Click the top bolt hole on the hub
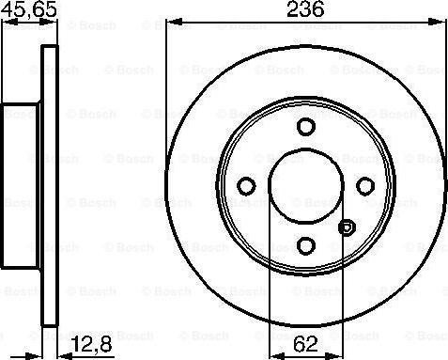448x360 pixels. (305, 127)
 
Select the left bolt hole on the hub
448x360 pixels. (246, 185)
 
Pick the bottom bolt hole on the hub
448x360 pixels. (305, 244)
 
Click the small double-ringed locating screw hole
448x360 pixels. (347, 227)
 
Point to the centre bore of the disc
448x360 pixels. (305, 185)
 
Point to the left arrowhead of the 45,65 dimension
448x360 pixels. (4, 22)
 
